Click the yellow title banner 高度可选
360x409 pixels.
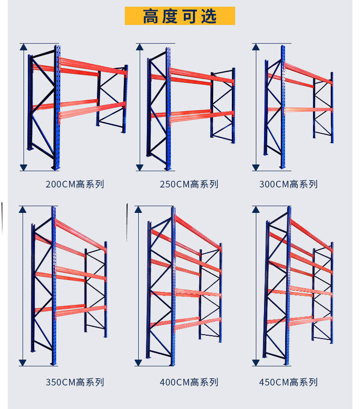pos(180,16)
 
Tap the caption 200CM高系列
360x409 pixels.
pos(75,184)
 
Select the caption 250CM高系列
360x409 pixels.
pos(189,184)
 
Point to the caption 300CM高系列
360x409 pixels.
pos(288,184)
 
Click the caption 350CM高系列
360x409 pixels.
pos(75,382)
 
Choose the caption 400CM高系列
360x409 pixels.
pos(189,382)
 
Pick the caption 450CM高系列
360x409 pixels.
pos(288,382)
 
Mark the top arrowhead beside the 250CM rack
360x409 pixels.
pos(140,47)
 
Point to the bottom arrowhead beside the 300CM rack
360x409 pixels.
pos(256,167)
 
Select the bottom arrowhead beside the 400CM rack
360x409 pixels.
pos(139,363)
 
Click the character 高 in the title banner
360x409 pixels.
pos(151,16)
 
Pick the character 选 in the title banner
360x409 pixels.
pos(209,16)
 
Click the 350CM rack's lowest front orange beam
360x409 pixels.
pos(81,310)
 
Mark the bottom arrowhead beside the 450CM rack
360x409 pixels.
pos(256,363)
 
